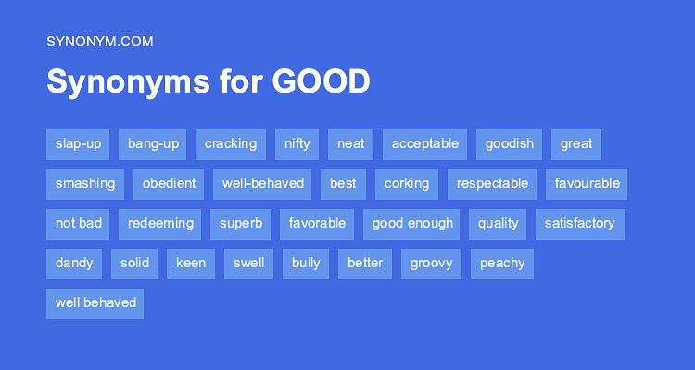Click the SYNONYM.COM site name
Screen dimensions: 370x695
pos(99,41)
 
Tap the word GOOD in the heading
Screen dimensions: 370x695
pos(322,81)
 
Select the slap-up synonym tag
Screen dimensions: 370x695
pos(78,144)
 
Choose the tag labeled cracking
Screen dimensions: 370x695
pos(231,144)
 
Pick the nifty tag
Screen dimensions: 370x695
pos(297,144)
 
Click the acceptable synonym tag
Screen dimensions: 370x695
pos(424,144)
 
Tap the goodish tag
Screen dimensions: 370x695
pos(509,144)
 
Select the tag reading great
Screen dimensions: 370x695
pos(575,144)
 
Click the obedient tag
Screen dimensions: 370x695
pos(169,184)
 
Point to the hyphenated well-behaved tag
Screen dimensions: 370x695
pos(262,184)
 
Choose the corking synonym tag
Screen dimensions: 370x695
pos(407,184)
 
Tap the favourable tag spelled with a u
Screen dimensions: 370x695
pos(587,184)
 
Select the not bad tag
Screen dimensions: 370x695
pos(78,224)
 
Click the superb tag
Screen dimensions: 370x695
pos(241,224)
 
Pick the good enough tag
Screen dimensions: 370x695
pos(412,224)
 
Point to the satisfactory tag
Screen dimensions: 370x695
pos(579,224)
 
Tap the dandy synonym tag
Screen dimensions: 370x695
pos(74,264)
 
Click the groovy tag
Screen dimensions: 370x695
pos(432,264)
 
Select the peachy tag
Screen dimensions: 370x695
pos(502,264)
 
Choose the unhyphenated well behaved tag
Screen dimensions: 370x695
pos(95,303)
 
